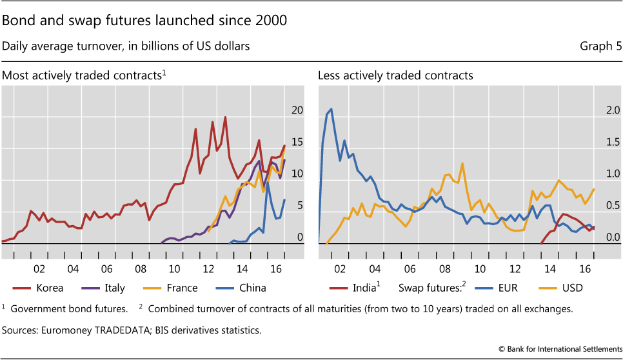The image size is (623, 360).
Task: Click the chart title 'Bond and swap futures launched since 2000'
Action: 144,21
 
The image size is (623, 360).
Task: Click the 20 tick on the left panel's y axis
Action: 297,110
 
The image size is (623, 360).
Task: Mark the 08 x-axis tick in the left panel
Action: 141,268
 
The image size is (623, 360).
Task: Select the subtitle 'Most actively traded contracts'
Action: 82,75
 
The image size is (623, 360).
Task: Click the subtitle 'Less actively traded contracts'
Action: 395,75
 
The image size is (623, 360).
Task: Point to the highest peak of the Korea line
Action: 225,117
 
